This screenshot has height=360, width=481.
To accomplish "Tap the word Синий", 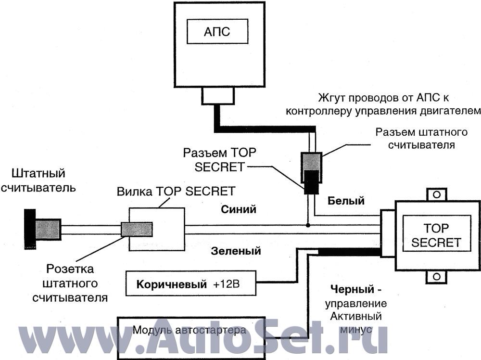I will [239, 209].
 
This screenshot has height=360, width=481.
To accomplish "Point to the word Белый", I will [346, 200].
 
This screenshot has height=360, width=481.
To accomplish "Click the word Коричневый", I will [168, 284].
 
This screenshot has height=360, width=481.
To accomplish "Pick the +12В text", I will [227, 284].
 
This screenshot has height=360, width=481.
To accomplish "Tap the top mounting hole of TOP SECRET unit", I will [436, 194].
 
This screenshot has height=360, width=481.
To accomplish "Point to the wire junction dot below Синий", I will [308, 225].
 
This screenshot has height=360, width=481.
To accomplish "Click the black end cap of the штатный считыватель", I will [30, 230].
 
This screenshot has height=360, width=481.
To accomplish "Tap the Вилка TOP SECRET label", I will [176, 191].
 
